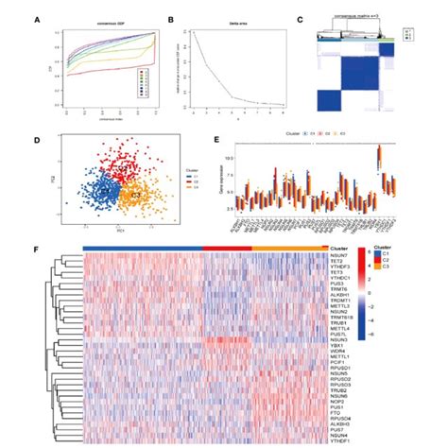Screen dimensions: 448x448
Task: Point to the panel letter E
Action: click(x=219, y=142)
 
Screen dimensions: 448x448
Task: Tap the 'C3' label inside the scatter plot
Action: click(x=136, y=193)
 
